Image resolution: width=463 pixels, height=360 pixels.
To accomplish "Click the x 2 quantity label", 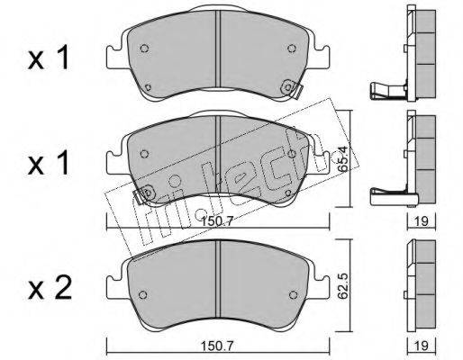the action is pyautogui.click(x=50, y=288).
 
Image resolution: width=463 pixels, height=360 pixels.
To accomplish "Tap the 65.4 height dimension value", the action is pyautogui.click(x=342, y=158).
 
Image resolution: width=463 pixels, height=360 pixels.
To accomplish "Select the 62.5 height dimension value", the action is pyautogui.click(x=342, y=286).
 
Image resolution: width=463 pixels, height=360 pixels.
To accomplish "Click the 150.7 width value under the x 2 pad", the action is pyautogui.click(x=217, y=346).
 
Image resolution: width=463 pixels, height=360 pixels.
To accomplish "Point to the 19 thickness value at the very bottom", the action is pyautogui.click(x=422, y=346).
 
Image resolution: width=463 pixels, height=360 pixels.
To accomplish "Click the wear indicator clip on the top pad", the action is pyautogui.click(x=291, y=88).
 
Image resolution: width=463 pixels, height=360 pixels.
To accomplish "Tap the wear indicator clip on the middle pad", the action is pyautogui.click(x=143, y=194).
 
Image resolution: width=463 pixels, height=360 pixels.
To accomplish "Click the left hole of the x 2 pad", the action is pyautogui.click(x=143, y=295).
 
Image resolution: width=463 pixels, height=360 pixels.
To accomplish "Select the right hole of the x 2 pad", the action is pyautogui.click(x=293, y=295).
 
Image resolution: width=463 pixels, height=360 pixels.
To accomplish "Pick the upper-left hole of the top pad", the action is pyautogui.click(x=144, y=49).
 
